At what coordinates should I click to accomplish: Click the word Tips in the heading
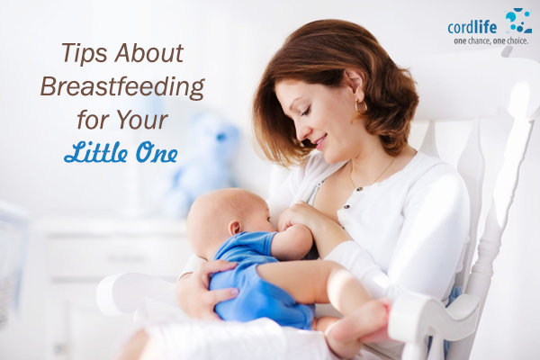click(85, 54)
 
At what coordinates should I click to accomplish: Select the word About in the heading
click(149, 53)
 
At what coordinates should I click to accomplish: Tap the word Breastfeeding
click(122, 87)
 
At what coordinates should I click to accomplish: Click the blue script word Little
click(95, 152)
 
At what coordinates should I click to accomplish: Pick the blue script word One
click(157, 153)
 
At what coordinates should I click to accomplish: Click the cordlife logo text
click(472, 27)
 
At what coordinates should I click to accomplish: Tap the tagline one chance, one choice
click(490, 41)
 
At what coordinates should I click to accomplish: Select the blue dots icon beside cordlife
click(518, 21)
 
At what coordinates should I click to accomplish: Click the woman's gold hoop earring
click(361, 107)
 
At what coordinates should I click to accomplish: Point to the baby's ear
click(236, 228)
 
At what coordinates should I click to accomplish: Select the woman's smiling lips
click(321, 141)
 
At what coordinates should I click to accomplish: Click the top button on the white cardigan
click(359, 189)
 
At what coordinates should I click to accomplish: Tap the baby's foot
click(358, 322)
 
